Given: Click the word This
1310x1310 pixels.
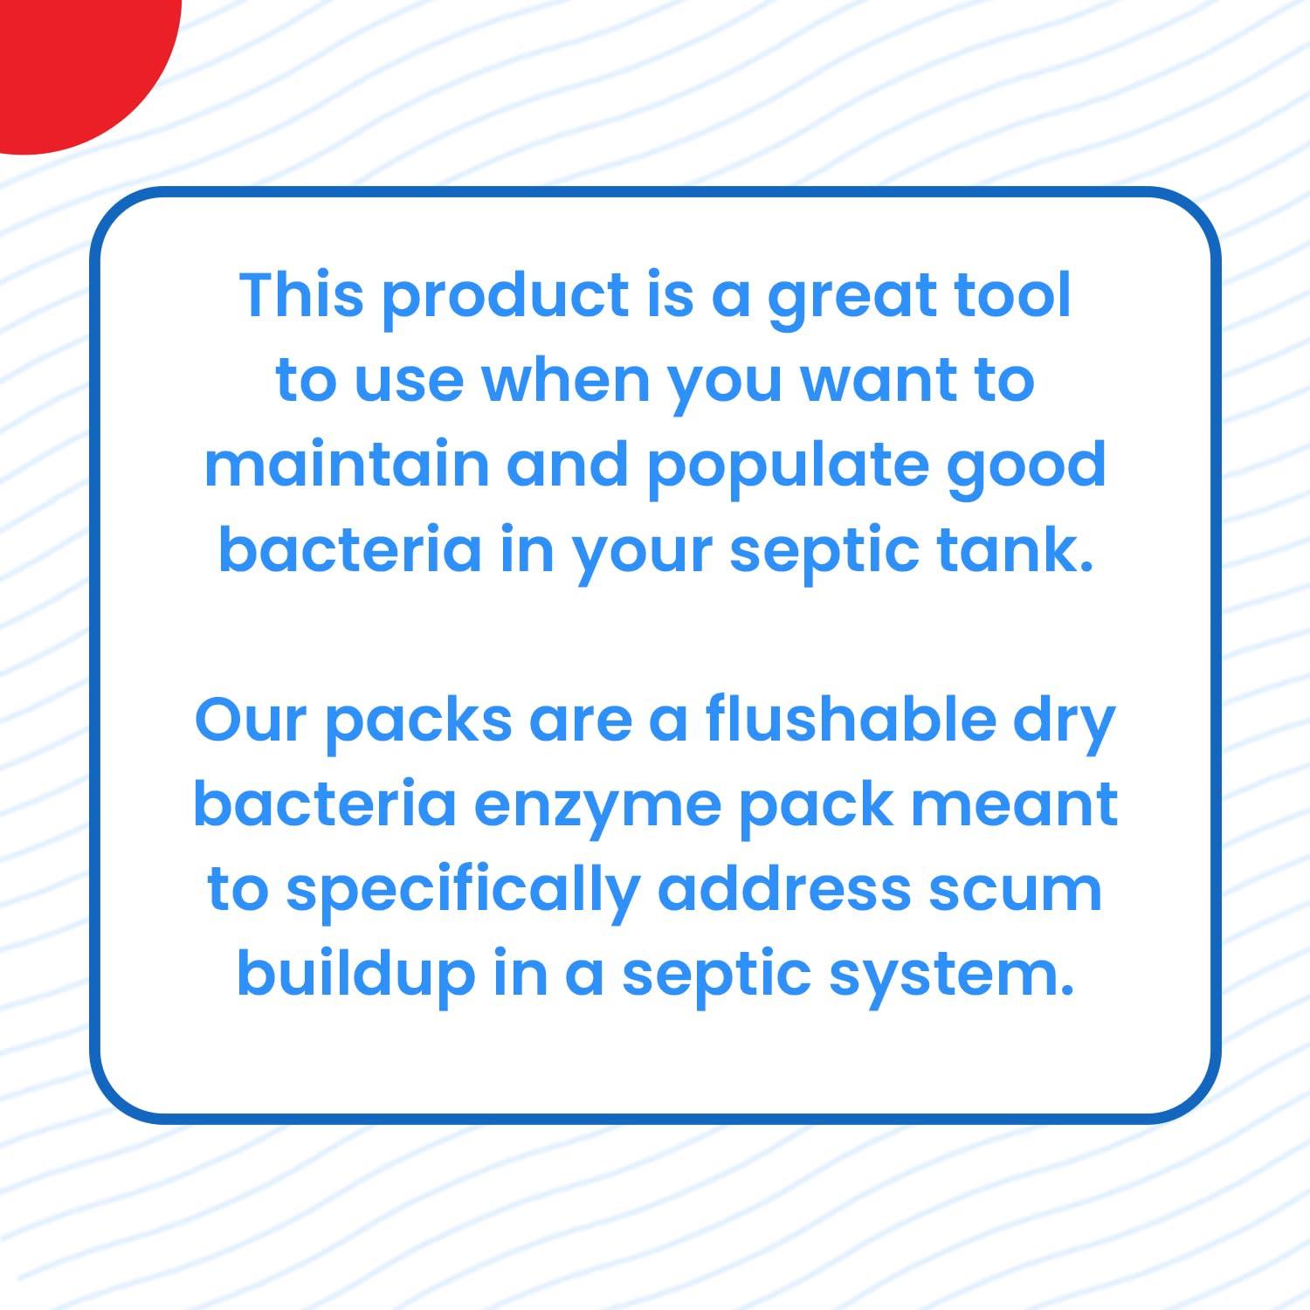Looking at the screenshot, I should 301,294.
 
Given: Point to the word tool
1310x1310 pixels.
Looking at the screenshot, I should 1012,294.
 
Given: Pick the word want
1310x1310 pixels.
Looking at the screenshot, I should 880,380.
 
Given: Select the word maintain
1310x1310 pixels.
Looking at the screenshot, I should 347,464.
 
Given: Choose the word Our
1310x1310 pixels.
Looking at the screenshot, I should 251,719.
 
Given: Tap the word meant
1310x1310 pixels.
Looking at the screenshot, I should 1014,803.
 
